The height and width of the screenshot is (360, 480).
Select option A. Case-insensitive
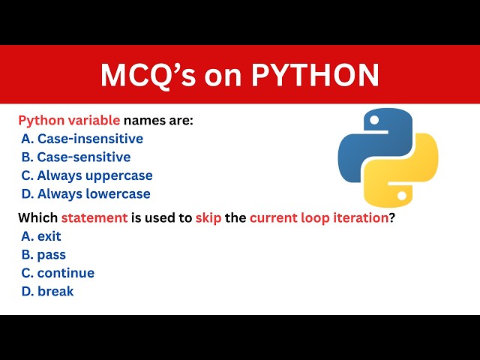(x=82, y=139)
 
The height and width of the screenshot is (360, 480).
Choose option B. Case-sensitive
(x=76, y=157)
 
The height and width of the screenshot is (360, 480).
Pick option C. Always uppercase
(x=86, y=175)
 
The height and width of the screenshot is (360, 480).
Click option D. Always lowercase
(x=85, y=193)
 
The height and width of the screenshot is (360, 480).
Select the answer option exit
(x=41, y=236)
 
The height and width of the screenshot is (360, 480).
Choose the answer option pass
(x=43, y=255)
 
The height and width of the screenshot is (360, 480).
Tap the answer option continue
(x=58, y=273)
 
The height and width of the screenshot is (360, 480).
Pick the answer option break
(x=47, y=291)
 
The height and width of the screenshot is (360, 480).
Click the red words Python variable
(x=69, y=121)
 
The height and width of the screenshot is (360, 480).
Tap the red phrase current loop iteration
(x=319, y=218)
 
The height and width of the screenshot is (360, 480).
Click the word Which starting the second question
(x=37, y=218)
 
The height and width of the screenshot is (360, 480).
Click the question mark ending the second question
(x=392, y=218)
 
